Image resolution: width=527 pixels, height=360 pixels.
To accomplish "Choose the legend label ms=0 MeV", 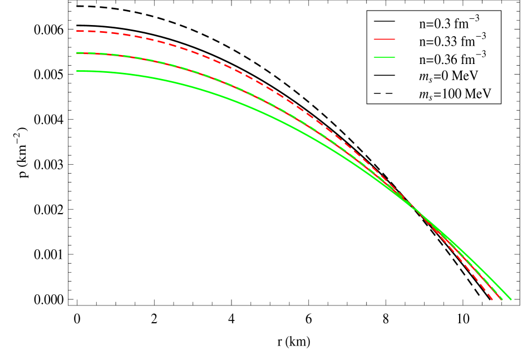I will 449,76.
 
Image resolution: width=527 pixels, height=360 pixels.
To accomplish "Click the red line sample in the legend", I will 384,40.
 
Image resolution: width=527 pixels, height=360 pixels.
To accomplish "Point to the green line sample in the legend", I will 384,57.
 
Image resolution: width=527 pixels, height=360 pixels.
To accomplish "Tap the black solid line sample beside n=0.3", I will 384,22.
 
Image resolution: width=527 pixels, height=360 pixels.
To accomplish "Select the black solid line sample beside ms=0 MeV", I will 384,75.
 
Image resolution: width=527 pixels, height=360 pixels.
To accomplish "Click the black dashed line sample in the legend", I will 384,92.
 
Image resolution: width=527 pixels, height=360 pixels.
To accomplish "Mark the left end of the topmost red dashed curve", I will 77,31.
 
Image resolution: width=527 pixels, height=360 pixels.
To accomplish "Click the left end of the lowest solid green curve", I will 77,71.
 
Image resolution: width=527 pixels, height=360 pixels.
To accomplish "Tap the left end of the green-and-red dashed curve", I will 77,53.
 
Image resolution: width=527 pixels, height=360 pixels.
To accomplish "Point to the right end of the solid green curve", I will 510,300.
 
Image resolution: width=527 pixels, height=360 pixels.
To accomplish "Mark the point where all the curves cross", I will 416,208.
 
